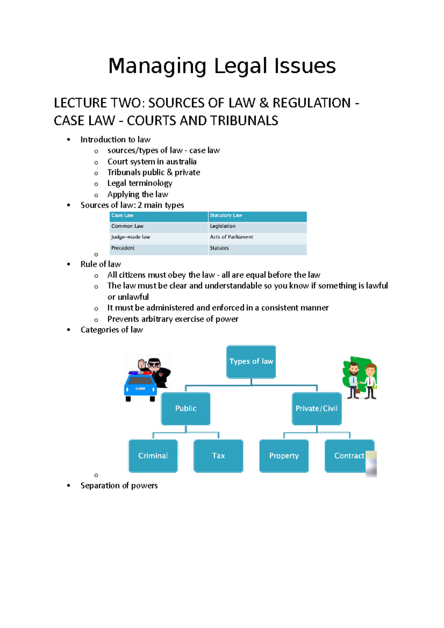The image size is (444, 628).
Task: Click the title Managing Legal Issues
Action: [x=222, y=66]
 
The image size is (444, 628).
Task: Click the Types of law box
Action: [x=251, y=361]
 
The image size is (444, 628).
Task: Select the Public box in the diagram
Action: [x=185, y=408]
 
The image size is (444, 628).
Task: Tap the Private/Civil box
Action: [x=316, y=408]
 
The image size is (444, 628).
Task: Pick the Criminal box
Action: [x=153, y=456]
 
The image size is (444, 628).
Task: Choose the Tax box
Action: [x=218, y=456]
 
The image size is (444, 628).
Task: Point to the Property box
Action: [x=284, y=456]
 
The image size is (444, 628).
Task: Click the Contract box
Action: [x=349, y=456]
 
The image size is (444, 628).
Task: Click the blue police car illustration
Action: [x=140, y=386]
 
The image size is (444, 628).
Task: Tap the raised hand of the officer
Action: [x=142, y=364]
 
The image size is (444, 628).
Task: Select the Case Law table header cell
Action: [x=159, y=216]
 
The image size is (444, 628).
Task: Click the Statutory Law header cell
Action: [x=257, y=216]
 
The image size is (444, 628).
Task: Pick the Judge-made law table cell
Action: [x=159, y=237]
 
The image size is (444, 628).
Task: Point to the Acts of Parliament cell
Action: [x=257, y=237]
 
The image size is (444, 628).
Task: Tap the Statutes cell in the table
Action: [x=257, y=248]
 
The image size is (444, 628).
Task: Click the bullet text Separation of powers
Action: [x=119, y=486]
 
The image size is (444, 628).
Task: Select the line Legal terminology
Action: [x=139, y=183]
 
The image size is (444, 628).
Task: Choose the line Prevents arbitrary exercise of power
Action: [x=173, y=319]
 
